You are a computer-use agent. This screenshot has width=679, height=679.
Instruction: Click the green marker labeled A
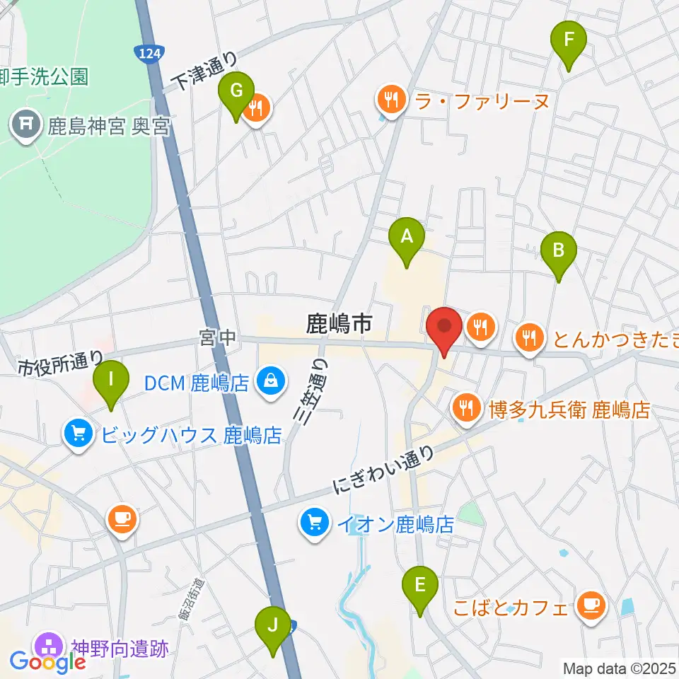[407, 237]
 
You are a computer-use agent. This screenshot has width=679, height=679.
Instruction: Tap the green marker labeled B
[559, 250]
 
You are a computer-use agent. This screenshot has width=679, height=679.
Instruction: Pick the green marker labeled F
[569, 40]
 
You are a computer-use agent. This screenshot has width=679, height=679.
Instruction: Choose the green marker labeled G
[237, 92]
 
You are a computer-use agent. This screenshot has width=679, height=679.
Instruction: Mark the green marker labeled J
[272, 625]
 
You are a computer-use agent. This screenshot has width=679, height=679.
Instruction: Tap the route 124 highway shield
[149, 54]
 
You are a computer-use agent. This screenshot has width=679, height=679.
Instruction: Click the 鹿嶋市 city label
[338, 325]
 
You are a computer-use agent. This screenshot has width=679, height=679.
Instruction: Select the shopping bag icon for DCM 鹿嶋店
[271, 383]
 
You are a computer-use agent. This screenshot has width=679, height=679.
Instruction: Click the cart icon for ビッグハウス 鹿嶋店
[79, 433]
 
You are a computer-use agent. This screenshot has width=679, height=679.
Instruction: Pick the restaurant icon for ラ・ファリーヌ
[391, 100]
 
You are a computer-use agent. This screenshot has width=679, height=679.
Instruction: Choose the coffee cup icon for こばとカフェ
[590, 606]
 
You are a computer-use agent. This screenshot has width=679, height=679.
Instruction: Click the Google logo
[47, 663]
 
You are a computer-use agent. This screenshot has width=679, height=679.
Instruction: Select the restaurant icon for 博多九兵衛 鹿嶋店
[466, 409]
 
